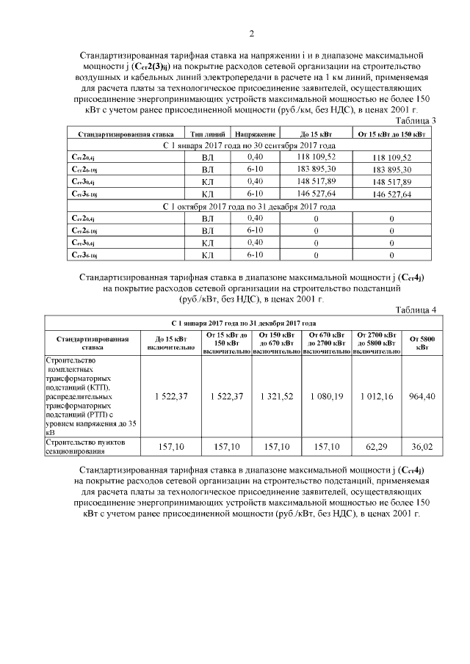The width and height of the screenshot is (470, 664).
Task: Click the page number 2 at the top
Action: pos(252,33)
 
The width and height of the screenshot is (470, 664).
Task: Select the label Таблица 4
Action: pos(416,310)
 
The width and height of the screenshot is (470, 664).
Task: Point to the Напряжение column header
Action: pos(255,135)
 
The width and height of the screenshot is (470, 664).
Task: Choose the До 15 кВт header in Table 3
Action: pos(316,135)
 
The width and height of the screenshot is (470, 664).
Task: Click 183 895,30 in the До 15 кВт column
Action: pos(316,169)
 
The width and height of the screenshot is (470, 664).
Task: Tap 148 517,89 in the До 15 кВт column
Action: pos(316,181)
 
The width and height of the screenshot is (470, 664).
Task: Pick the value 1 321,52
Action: pos(276,395)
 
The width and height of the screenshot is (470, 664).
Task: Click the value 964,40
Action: pos(422,395)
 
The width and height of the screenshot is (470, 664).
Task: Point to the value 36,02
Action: pos(422,446)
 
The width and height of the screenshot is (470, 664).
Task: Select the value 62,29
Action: pos(376,446)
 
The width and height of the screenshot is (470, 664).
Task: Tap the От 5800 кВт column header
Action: pos(422,343)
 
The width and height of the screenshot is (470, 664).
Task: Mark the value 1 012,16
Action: pos(376,395)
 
